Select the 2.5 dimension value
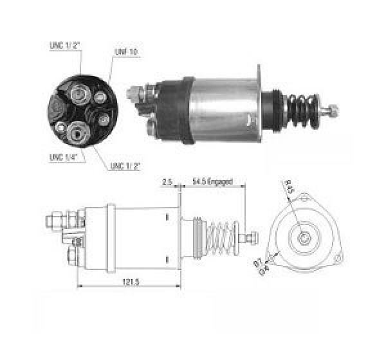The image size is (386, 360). (167, 181)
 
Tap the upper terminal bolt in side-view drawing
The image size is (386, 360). (54, 222)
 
